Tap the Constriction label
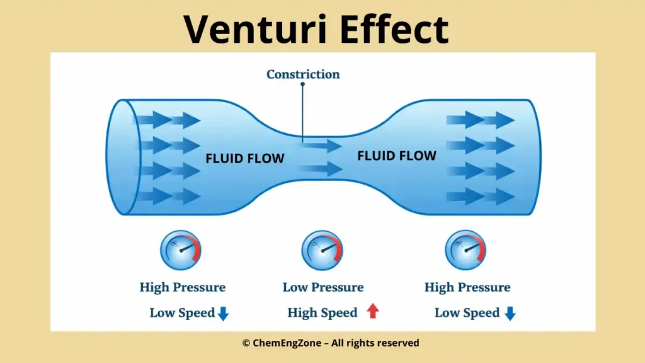[x=303, y=74]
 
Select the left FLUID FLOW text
[x=245, y=158]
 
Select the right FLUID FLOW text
[x=397, y=155]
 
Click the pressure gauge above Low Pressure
[x=322, y=250]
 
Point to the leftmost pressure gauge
[x=181, y=250]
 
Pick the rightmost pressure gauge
[x=466, y=250]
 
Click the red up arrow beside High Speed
[x=373, y=311]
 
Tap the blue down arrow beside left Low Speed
[x=223, y=313]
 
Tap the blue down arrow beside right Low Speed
[x=510, y=313]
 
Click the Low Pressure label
[x=323, y=287]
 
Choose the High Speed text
[x=322, y=313]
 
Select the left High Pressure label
[x=183, y=287]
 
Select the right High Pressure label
[x=467, y=287]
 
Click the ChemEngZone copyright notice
[x=331, y=343]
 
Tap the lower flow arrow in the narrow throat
[x=321, y=169]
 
